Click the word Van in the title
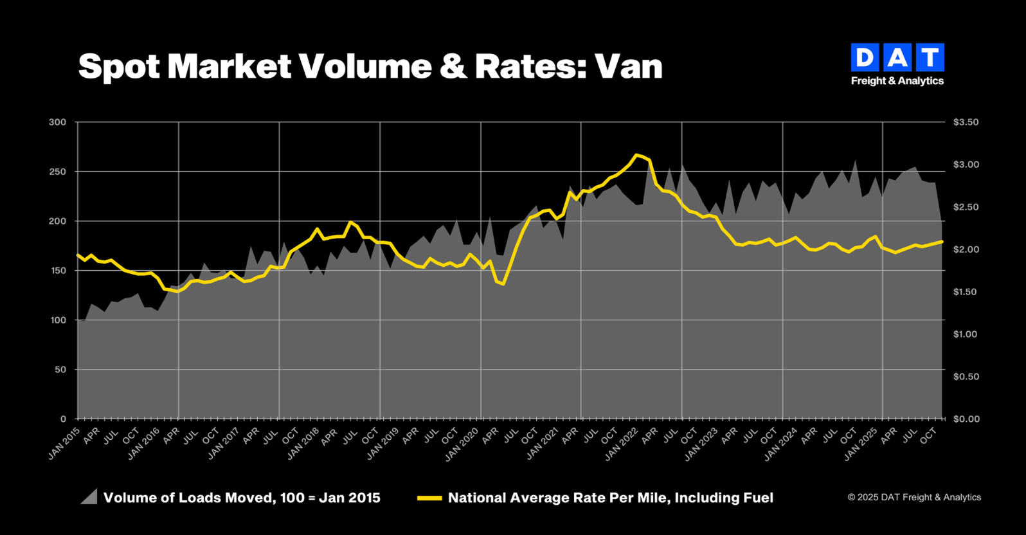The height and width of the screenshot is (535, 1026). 628,67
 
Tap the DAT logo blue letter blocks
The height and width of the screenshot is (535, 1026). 897,58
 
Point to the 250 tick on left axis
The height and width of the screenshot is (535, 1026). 58,172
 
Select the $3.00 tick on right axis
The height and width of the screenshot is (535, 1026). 966,165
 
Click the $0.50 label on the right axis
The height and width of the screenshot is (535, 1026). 966,377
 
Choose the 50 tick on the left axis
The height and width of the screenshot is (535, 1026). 60,370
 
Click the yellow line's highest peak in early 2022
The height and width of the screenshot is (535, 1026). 636,155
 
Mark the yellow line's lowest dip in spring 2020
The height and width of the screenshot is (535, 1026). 503,284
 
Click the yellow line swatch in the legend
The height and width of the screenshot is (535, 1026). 429,498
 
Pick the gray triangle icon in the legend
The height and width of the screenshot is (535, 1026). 89,497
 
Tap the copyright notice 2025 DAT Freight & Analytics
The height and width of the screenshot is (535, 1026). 914,497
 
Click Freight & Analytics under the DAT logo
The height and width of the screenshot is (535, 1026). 897,81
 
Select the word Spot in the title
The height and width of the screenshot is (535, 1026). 119,67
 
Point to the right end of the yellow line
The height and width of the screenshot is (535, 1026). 942,242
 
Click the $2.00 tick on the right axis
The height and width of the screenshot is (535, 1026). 966,249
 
